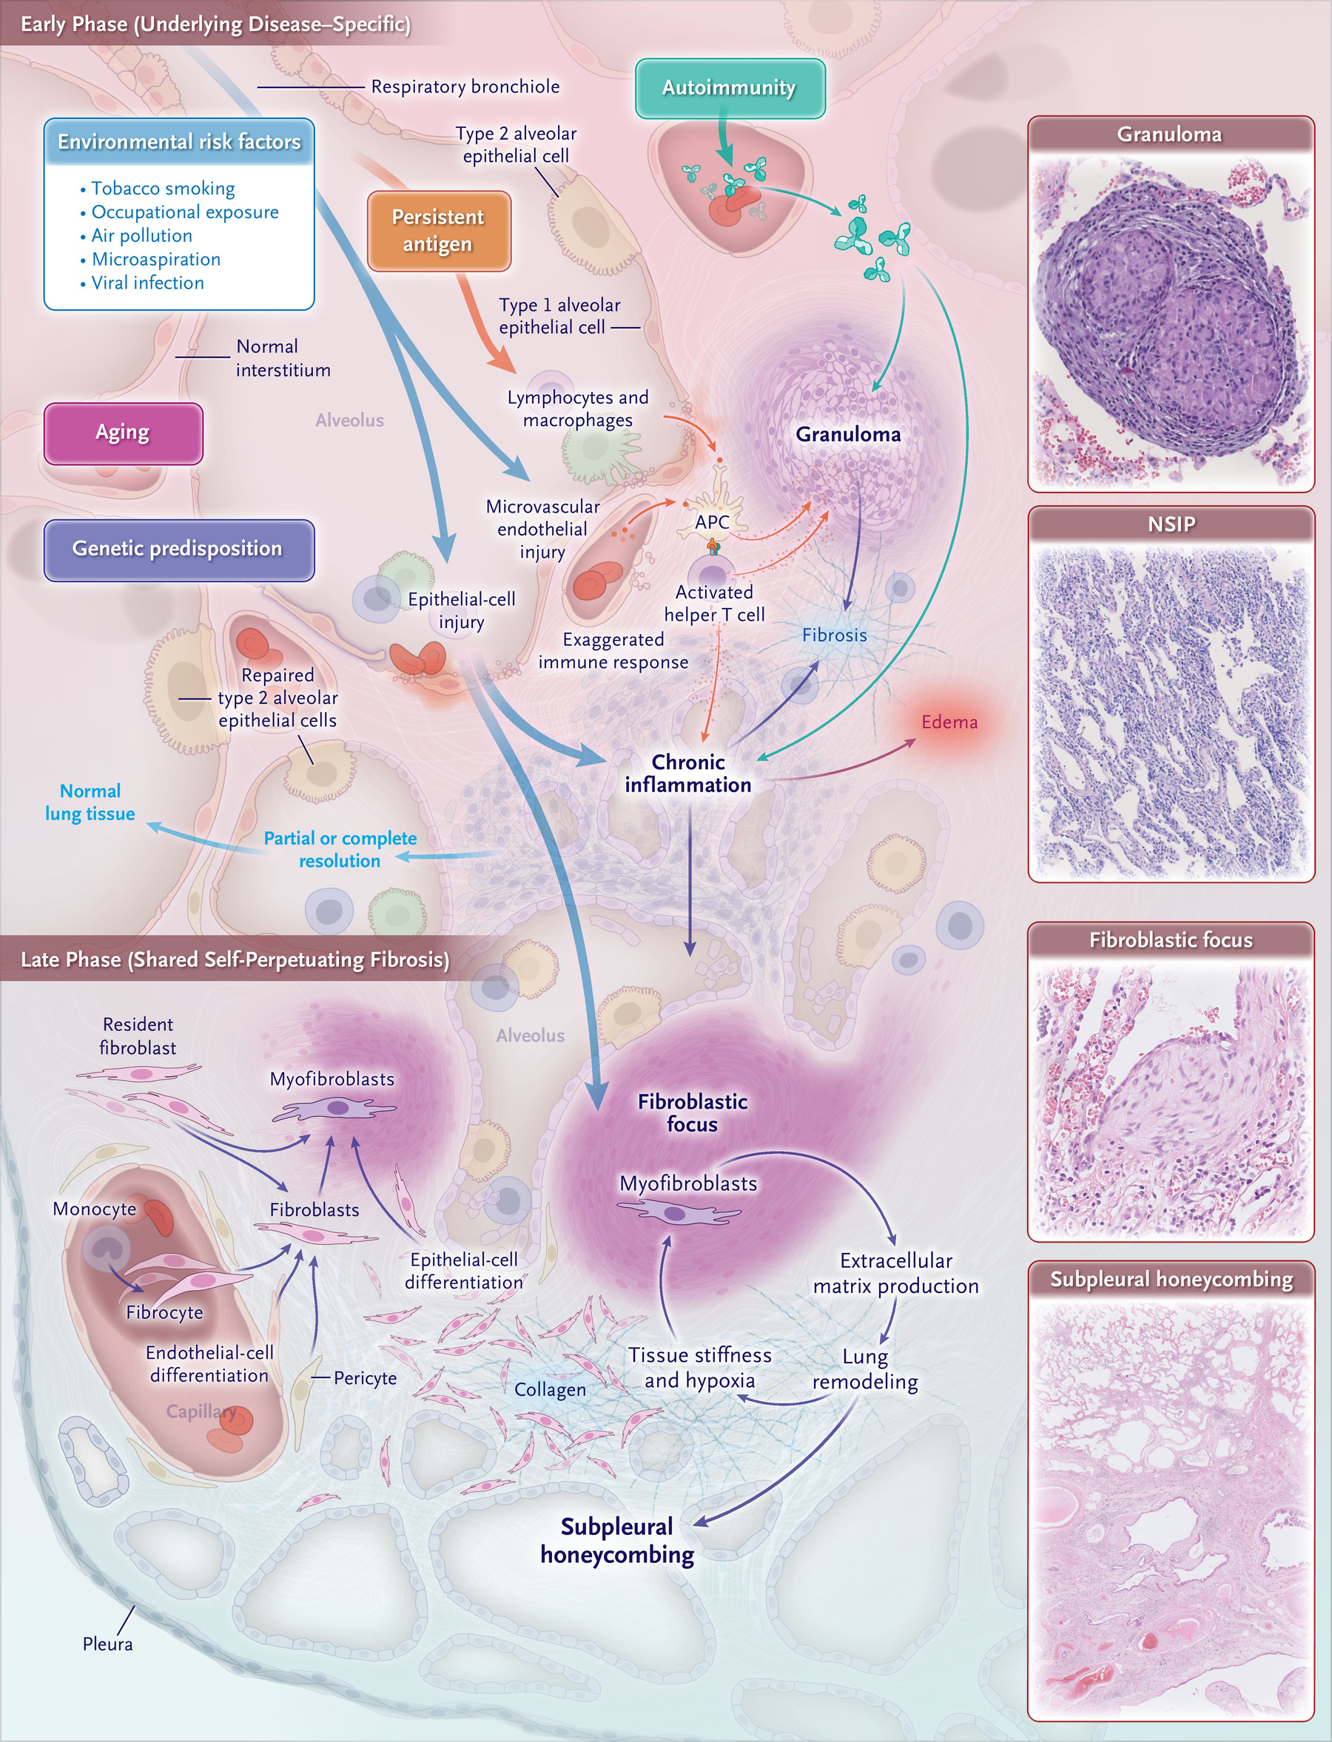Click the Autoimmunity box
(730, 88)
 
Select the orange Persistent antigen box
(438, 231)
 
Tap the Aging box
(123, 433)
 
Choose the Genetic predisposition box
(178, 549)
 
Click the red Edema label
(949, 722)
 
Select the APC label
(712, 522)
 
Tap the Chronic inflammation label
(688, 774)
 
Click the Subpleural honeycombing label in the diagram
(617, 1541)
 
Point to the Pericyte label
(365, 1378)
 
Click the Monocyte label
(95, 1209)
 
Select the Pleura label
(108, 1644)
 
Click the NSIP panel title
(1171, 524)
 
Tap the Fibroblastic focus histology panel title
(1171, 940)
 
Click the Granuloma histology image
(1171, 322)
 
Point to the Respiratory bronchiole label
(465, 87)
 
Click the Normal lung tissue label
(90, 802)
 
